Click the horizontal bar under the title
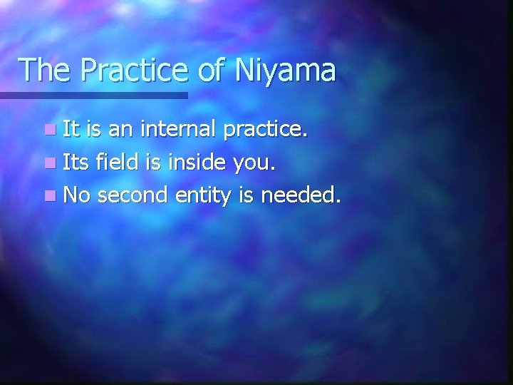[93, 95]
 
